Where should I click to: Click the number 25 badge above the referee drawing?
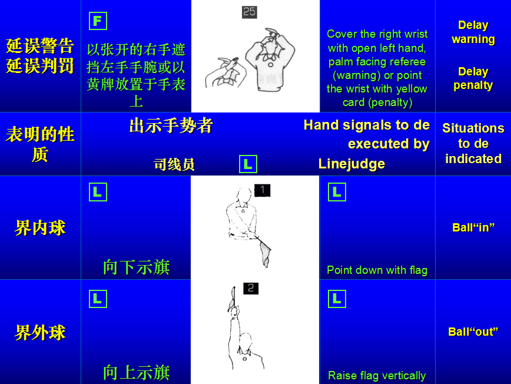coord(249,12)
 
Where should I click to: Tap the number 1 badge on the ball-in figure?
coord(263,190)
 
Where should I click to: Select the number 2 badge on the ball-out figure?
coord(251,288)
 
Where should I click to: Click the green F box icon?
coord(98,21)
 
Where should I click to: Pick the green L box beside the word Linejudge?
coord(248,164)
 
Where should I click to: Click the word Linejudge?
coord(351,164)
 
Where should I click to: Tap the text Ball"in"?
coord(473,227)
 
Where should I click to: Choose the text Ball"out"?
coord(473,332)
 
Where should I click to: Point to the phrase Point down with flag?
coord(377,270)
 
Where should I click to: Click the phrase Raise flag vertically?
coord(377,376)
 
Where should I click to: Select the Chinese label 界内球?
coord(40,227)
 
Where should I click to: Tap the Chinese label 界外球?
coord(40,333)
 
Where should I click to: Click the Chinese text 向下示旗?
coord(136,267)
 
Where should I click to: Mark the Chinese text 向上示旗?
coord(136,373)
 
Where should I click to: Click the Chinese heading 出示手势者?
coord(171,125)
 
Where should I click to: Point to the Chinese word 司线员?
coord(174,164)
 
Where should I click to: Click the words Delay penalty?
coord(473,78)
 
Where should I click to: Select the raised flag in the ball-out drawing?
coord(233,298)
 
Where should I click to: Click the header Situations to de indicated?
coord(473,144)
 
